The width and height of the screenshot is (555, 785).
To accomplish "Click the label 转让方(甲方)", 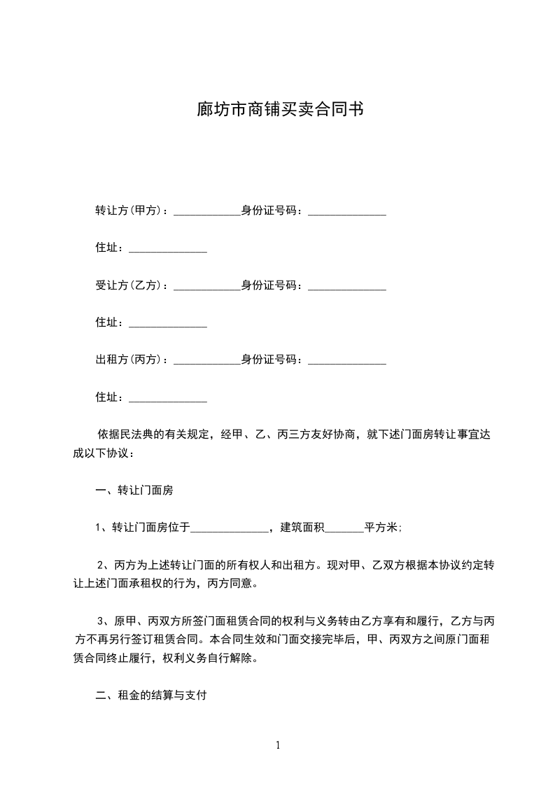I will point(129,211).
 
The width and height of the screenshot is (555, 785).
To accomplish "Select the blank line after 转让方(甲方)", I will point(206,212).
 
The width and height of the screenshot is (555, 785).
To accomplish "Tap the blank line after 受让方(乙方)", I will point(206,287).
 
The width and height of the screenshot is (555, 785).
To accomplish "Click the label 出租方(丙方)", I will point(129,360).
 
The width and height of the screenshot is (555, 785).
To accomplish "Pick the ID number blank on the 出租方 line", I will point(347,362).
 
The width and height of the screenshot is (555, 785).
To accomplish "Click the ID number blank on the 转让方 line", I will point(347,212).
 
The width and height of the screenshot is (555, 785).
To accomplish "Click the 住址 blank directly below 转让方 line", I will point(168,250).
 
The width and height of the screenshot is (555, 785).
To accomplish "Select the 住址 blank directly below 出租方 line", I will point(168,399).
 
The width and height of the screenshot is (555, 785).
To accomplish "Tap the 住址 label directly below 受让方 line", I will point(109,323).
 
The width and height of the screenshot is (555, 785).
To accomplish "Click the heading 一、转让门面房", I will point(134,490).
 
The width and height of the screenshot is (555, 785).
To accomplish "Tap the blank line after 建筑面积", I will point(344,530).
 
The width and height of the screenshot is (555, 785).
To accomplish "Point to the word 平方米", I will point(382,528).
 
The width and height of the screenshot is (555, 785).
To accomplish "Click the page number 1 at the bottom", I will point(278,744).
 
